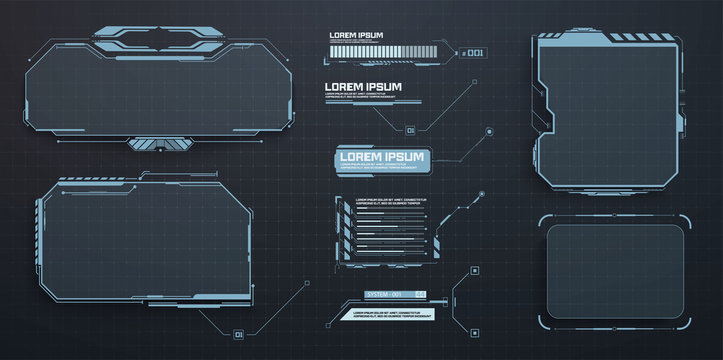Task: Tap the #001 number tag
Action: coord(472,52)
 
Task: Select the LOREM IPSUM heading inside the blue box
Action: coord(380,157)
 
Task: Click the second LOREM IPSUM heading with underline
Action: coord(362,87)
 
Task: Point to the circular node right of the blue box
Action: coord(489,130)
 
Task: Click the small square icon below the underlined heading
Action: coord(410,129)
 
